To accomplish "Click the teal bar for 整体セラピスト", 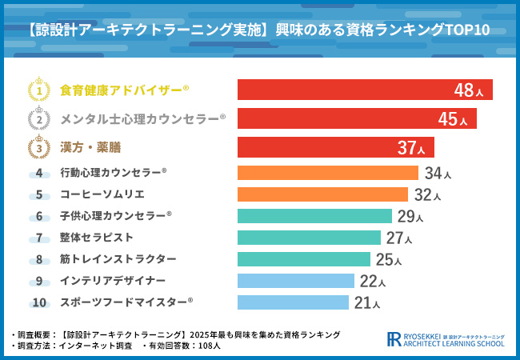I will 309,238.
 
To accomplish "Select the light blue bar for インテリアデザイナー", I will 295,281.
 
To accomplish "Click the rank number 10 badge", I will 39,302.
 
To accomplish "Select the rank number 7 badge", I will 39,238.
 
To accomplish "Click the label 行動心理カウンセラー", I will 113,173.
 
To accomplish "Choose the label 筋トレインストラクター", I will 118,259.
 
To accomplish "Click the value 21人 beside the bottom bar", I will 366,303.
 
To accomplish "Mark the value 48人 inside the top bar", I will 468,90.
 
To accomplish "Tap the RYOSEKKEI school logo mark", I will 394,339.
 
